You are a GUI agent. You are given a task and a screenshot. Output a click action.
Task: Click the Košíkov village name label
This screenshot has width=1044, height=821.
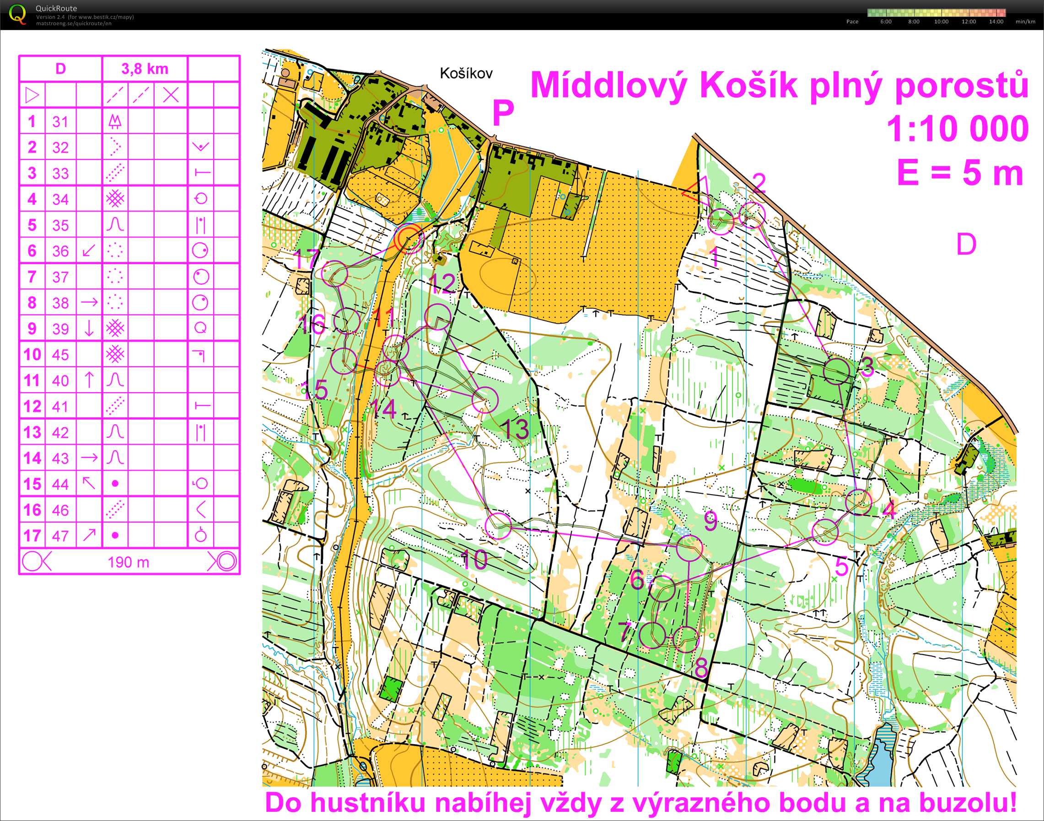point(466,74)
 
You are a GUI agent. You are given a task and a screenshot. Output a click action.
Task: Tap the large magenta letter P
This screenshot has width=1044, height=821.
point(503,113)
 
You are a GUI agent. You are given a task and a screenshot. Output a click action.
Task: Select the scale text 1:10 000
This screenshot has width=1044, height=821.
point(957,129)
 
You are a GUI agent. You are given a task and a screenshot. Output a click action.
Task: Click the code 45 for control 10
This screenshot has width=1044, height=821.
point(61,355)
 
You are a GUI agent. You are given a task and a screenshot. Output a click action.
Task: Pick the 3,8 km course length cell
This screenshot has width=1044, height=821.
point(144,69)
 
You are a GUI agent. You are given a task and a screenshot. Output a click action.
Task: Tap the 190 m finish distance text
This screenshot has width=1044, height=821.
point(128,562)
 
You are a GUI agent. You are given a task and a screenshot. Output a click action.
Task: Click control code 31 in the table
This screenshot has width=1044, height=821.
point(61,122)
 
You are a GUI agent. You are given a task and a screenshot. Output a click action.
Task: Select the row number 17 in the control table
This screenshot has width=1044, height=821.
point(32,535)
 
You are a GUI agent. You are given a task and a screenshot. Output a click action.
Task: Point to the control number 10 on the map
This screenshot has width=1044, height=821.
point(474,560)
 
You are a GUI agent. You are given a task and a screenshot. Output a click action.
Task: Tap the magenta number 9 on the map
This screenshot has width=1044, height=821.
point(710,521)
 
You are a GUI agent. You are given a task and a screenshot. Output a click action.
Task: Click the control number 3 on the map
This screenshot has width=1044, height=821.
point(867,367)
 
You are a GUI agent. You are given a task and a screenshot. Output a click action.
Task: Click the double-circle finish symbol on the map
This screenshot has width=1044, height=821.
point(409,239)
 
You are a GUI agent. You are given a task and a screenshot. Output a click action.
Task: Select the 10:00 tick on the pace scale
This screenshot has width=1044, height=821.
point(941,21)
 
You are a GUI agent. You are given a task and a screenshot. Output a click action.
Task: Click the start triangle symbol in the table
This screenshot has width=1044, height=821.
point(32,95)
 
